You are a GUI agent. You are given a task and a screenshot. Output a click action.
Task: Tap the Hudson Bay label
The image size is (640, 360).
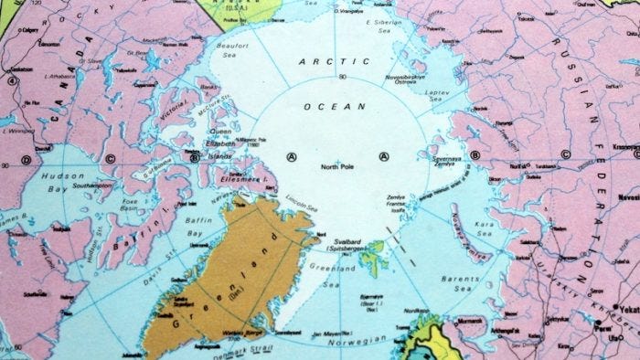point(63,175)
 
